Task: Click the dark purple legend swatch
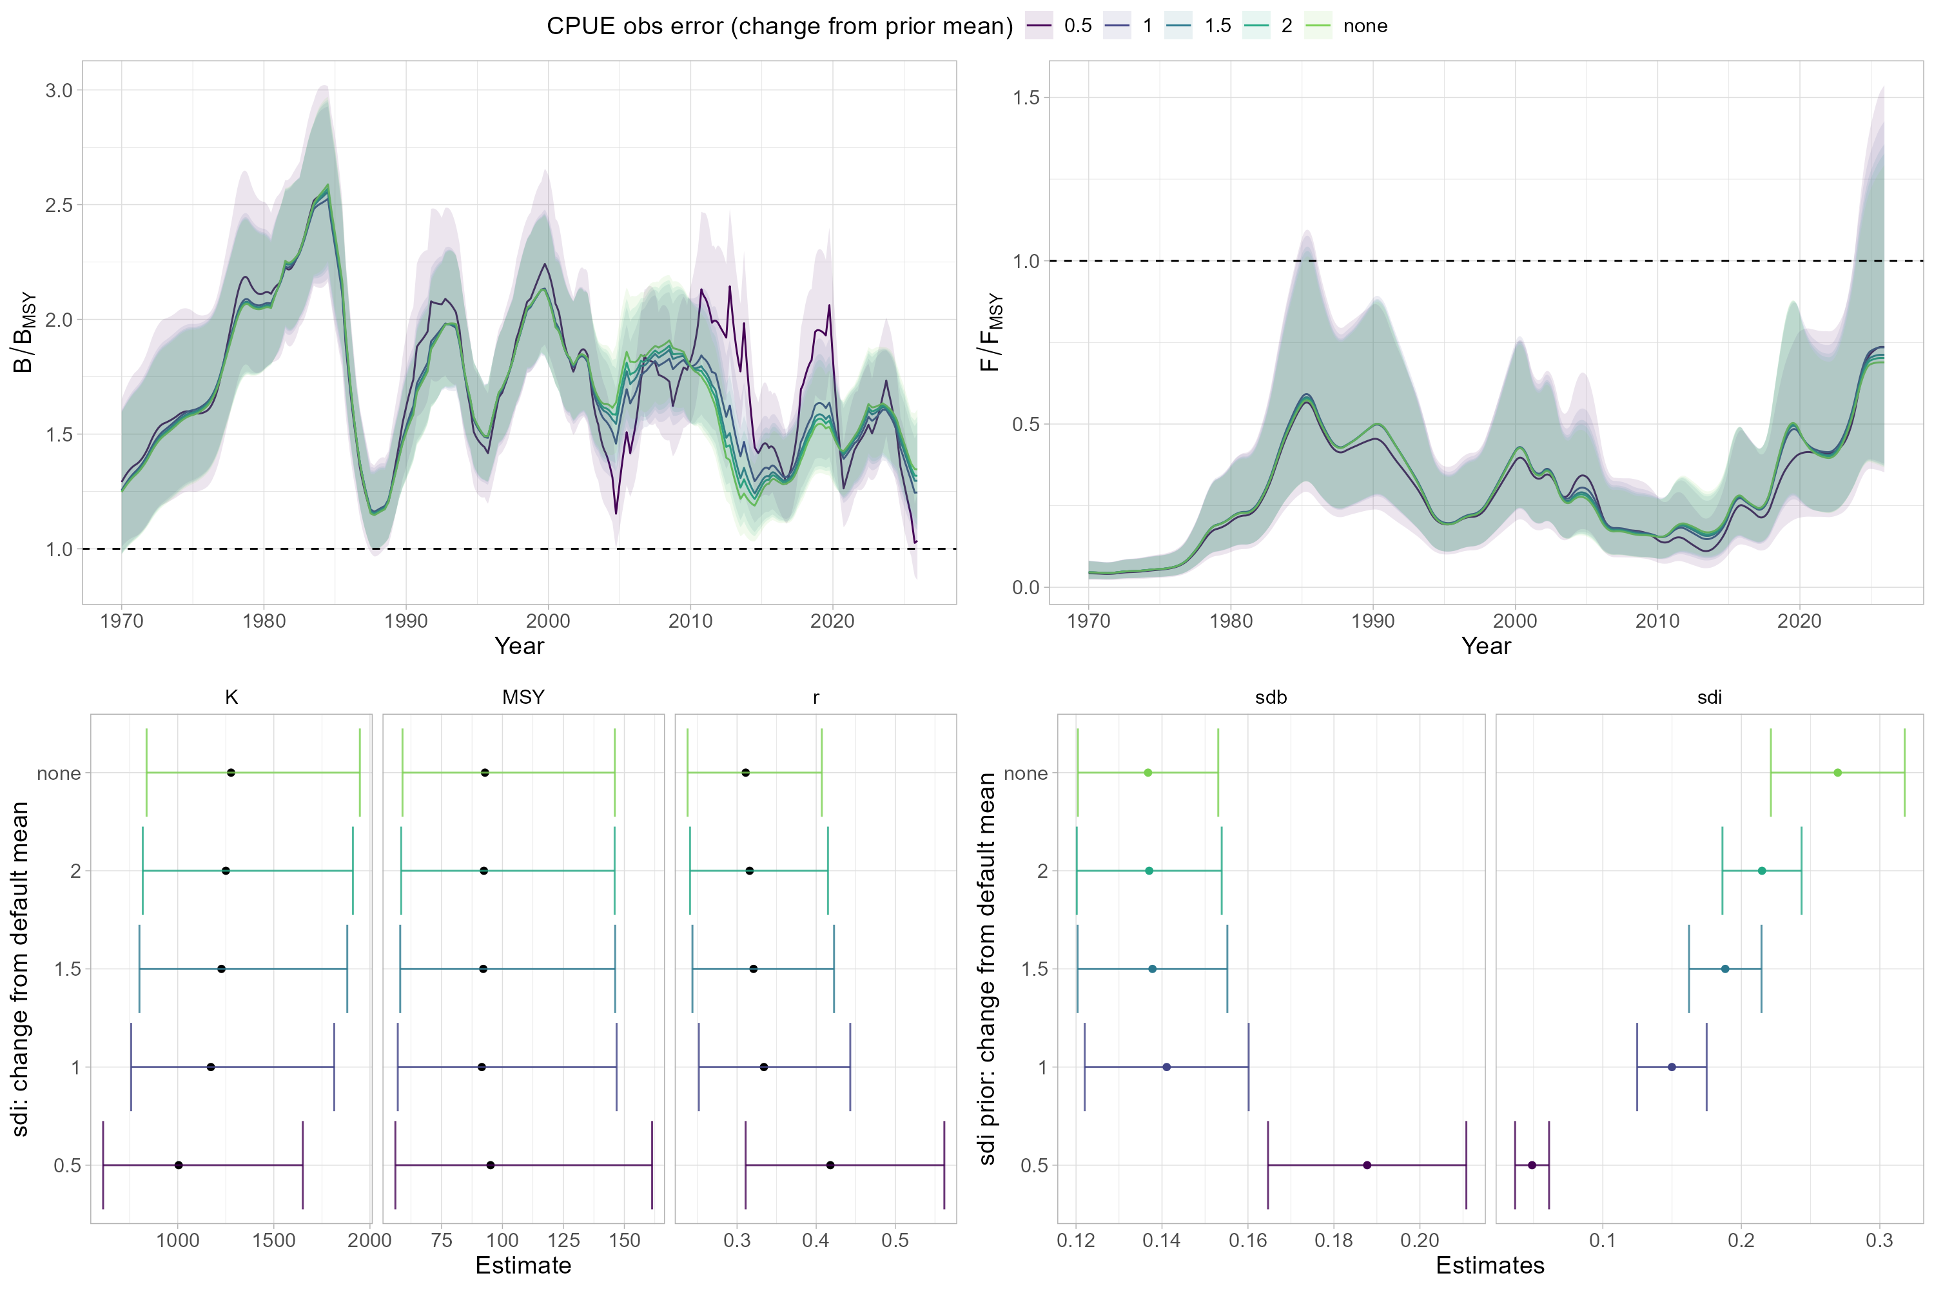pyautogui.click(x=1039, y=26)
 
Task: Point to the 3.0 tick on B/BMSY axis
pyautogui.click(x=59, y=90)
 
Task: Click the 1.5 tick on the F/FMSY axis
pyautogui.click(x=1026, y=98)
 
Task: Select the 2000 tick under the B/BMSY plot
pyautogui.click(x=547, y=621)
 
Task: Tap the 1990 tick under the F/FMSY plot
pyautogui.click(x=1372, y=621)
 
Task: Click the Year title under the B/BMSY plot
pyautogui.click(x=519, y=646)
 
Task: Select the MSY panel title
pyautogui.click(x=523, y=697)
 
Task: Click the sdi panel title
pyautogui.click(x=1709, y=697)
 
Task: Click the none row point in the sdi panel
pyautogui.click(x=1838, y=773)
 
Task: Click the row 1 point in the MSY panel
pyautogui.click(x=481, y=1067)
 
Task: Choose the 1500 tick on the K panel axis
pyautogui.click(x=274, y=1241)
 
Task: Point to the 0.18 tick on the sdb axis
pyautogui.click(x=1333, y=1241)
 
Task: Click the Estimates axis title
pyautogui.click(x=1489, y=1266)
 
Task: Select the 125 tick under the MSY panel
pyautogui.click(x=563, y=1241)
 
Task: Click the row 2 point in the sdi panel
pyautogui.click(x=1761, y=871)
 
